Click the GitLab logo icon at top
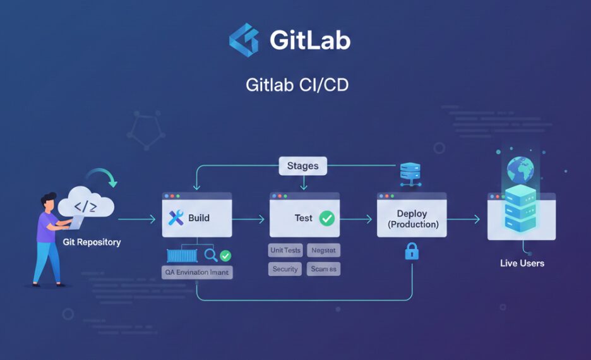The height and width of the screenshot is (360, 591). click(244, 40)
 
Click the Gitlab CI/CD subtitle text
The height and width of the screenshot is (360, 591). click(297, 85)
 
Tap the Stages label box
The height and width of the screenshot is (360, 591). click(302, 166)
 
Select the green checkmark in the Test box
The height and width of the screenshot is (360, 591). click(327, 218)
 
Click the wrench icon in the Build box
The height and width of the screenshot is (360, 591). click(176, 218)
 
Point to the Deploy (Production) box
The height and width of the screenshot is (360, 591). click(412, 219)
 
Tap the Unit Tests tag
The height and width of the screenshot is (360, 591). click(285, 251)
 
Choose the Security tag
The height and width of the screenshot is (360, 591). click(285, 269)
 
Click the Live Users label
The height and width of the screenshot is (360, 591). click(522, 263)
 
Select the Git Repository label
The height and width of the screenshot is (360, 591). click(92, 242)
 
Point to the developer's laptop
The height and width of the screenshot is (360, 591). click(76, 222)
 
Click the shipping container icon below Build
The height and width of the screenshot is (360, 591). click(182, 255)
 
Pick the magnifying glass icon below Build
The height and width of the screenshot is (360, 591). click(210, 255)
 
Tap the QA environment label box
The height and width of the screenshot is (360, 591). click(197, 272)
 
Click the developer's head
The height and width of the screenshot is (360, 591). click(48, 203)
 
